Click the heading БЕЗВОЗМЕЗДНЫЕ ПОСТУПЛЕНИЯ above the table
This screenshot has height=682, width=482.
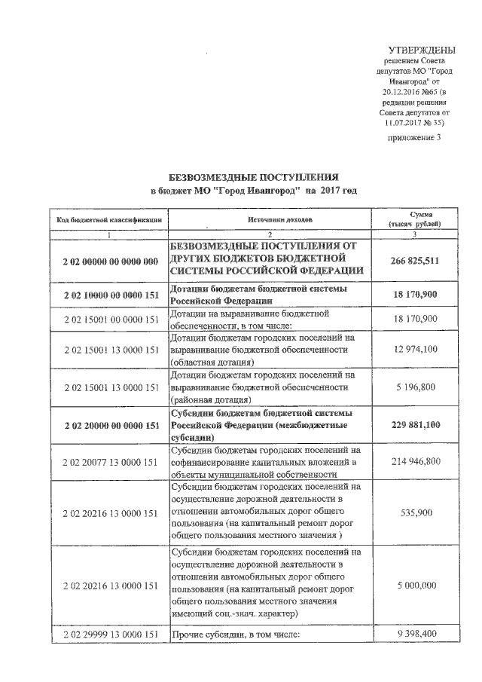click(253, 174)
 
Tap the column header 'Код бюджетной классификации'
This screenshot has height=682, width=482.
click(108, 219)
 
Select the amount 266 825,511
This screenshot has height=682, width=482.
click(414, 261)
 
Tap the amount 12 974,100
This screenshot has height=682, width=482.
click(414, 350)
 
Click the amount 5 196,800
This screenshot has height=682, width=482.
click(414, 387)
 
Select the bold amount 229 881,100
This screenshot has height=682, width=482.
click(414, 425)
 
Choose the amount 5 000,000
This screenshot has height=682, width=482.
click(414, 585)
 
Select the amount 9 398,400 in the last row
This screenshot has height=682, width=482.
click(414, 634)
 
